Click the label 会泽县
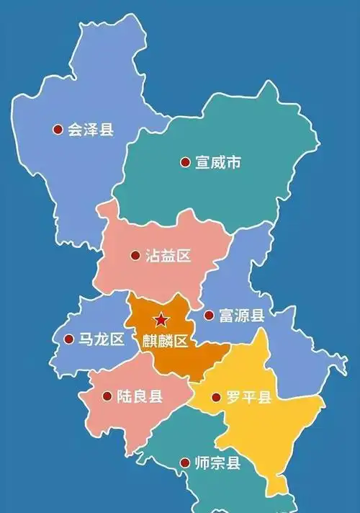[91, 130]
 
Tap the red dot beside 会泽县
[57, 130]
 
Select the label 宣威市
[218, 163]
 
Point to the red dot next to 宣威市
[184, 163]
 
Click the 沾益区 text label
[168, 256]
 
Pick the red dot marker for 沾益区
[135, 256]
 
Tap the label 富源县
[242, 316]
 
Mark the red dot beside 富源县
[208, 316]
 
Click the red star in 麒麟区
[161, 320]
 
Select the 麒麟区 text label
[166, 341]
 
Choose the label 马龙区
[102, 340]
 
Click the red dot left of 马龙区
[68, 339]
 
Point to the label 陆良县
[140, 396]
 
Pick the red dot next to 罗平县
[215, 397]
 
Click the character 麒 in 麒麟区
[150, 341]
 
